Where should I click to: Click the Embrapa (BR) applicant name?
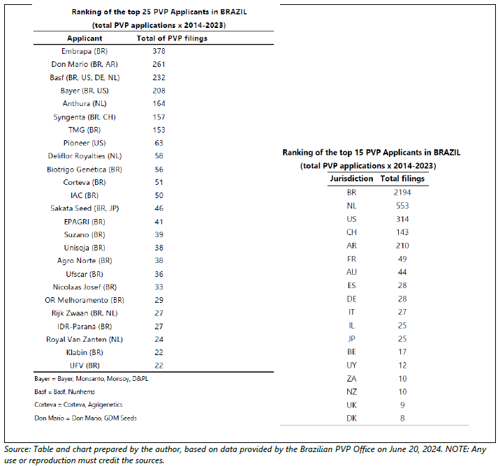click(x=85, y=52)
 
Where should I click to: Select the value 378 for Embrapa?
click(x=159, y=51)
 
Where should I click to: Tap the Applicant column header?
click(x=85, y=38)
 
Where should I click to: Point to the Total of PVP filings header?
click(x=172, y=38)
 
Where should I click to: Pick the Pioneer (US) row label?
click(x=85, y=143)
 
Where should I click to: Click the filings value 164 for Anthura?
click(x=159, y=103)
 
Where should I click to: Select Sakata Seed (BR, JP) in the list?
click(x=85, y=209)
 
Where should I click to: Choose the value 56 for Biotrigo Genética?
click(x=159, y=170)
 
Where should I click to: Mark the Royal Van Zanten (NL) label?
click(x=85, y=340)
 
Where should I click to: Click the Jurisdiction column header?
click(x=351, y=179)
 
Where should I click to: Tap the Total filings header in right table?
click(x=402, y=179)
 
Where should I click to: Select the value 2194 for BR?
click(x=402, y=193)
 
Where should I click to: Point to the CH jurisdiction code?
click(x=351, y=232)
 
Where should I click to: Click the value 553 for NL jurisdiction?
click(x=402, y=206)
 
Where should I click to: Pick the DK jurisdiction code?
click(x=351, y=419)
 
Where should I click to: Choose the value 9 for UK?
click(x=402, y=405)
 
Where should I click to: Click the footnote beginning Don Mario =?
click(x=85, y=418)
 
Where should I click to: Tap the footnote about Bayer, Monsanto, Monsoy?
click(x=91, y=379)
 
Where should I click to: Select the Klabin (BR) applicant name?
click(x=85, y=352)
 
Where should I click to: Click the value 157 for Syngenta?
click(x=159, y=117)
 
